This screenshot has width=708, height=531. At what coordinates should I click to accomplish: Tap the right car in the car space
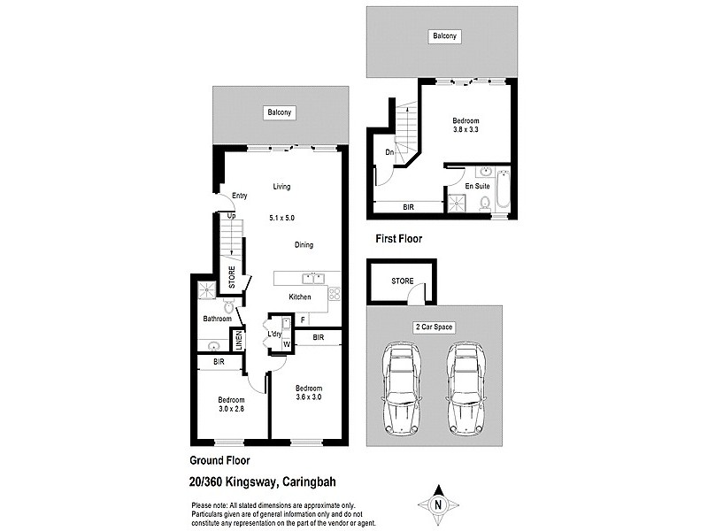[466, 389]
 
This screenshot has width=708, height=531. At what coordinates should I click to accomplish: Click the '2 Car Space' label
[434, 327]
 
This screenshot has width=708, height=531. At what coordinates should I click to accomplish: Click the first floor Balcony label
[444, 36]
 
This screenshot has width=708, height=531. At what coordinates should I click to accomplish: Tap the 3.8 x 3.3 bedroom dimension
[466, 130]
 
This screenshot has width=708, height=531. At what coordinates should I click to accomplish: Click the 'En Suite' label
[478, 187]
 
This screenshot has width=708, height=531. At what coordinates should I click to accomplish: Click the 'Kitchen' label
[300, 296]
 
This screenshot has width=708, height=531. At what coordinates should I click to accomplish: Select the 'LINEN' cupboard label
[237, 339]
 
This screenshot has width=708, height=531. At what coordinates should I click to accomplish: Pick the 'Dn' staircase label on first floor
[389, 150]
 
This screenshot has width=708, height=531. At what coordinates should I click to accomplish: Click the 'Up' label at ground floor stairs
[231, 215]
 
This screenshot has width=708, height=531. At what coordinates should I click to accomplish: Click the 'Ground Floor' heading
[219, 460]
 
